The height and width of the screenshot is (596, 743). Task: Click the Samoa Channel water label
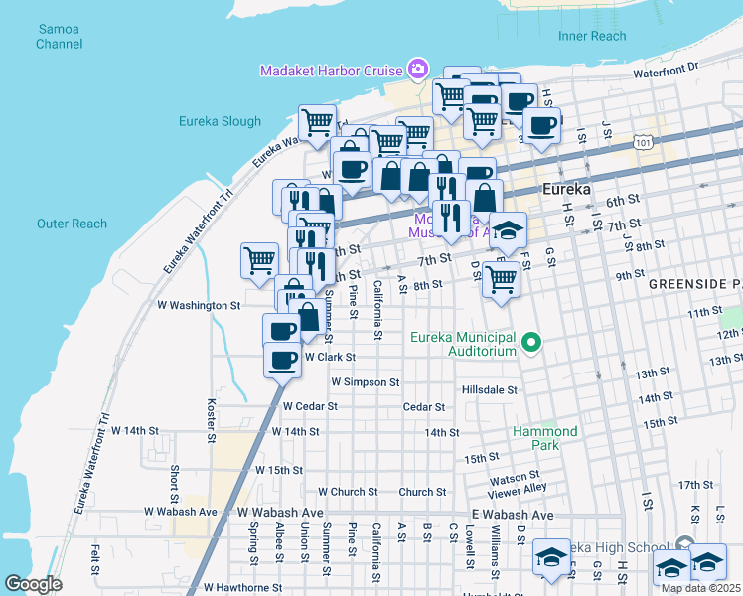click(59, 37)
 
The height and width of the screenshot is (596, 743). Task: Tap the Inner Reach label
click(592, 37)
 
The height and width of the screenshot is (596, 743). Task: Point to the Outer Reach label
click(72, 223)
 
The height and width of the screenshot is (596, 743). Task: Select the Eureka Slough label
click(220, 122)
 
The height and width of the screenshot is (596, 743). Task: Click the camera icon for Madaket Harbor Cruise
click(418, 70)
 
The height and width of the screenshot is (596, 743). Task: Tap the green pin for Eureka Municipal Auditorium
click(531, 344)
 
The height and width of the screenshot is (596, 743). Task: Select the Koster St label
click(211, 420)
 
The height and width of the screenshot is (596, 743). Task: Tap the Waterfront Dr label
click(666, 67)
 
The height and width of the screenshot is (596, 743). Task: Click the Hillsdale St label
click(490, 390)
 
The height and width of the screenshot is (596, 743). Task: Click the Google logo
click(33, 584)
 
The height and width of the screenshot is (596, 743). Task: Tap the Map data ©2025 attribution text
click(701, 588)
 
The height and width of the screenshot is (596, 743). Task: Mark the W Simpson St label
click(366, 381)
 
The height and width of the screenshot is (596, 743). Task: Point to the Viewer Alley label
click(518, 488)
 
